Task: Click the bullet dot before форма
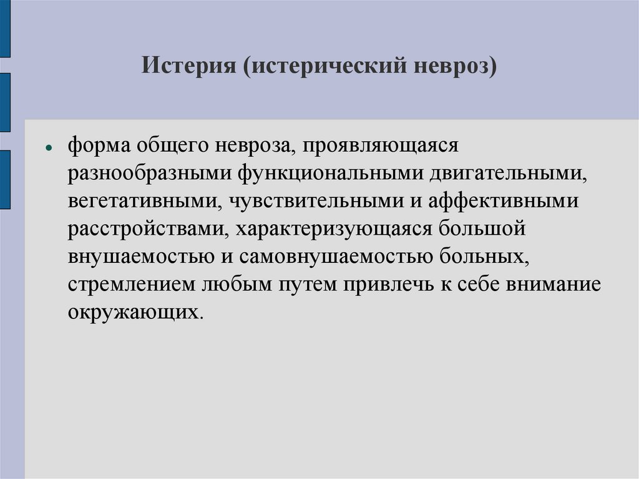(48, 149)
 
